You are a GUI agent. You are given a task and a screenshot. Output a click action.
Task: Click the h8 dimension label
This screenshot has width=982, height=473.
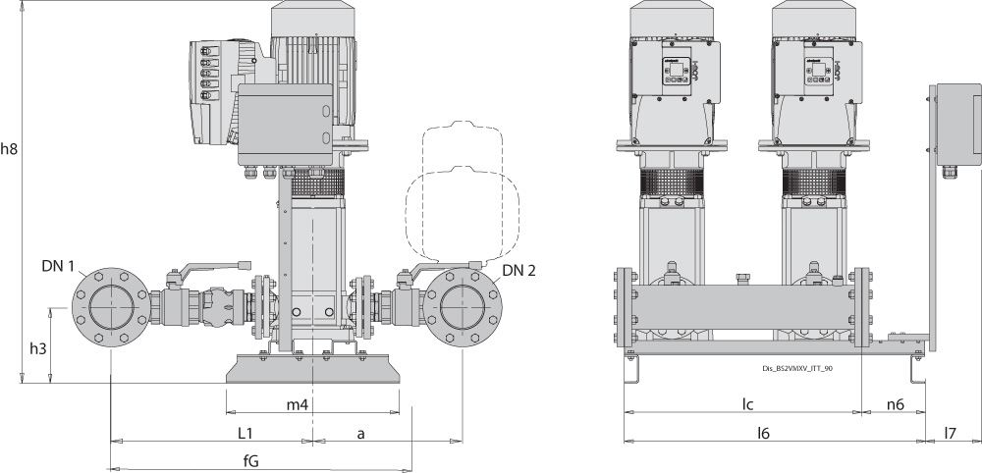click(x=10, y=149)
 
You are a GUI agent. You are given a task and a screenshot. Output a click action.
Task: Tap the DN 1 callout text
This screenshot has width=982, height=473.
click(x=57, y=266)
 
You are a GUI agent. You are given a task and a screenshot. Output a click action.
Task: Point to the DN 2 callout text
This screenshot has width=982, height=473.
click(x=519, y=270)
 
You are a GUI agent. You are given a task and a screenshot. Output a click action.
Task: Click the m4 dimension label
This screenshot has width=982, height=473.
click(x=298, y=405)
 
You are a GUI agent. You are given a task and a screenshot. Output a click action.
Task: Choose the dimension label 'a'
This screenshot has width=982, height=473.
click(x=361, y=432)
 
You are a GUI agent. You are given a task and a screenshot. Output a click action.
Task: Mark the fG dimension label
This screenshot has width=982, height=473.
click(x=251, y=461)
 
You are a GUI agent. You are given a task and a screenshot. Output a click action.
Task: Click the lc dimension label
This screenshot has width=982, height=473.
click(x=746, y=403)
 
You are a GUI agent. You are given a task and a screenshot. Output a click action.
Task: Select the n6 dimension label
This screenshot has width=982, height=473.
click(x=895, y=403)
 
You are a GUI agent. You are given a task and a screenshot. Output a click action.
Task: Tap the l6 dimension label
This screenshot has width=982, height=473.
click(x=761, y=432)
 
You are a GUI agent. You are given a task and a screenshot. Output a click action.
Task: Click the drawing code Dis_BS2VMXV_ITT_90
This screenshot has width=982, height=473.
click(x=797, y=368)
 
